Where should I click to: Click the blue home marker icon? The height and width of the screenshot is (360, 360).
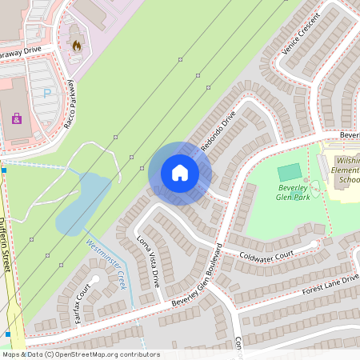[180, 173]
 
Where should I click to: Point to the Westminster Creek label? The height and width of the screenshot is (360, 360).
[107, 266]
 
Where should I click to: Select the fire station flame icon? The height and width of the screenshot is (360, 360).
[77, 46]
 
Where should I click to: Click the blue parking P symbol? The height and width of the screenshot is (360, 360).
[46, 93]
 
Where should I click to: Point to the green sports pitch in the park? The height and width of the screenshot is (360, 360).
[290, 171]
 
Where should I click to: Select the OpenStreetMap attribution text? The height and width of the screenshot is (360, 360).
[80, 354]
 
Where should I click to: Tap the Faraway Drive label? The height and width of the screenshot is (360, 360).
[19, 52]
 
